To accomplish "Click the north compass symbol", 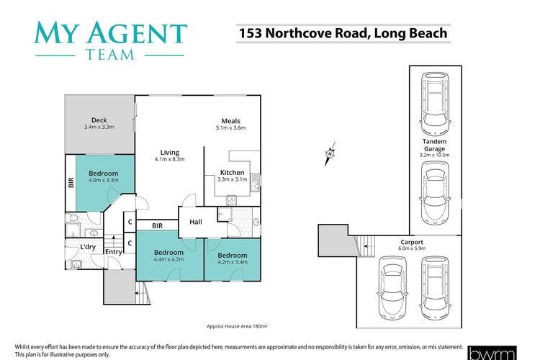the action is click(330, 153).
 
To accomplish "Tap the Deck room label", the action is click(99, 120).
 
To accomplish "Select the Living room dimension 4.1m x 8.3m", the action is click(170, 159).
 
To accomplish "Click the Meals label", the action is click(230, 121).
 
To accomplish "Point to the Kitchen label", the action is click(232, 172).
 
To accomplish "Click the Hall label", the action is click(196, 222).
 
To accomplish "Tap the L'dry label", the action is click(88, 247).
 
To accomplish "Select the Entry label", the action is click(113, 252).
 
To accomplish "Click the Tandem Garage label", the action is click(434, 145).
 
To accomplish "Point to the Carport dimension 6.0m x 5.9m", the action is click(412, 248).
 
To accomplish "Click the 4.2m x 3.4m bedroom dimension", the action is click(233, 262).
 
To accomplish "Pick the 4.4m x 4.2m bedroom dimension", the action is click(168, 259).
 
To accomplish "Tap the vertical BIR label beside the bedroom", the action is click(71, 183).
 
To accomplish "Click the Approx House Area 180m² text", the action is click(237, 326).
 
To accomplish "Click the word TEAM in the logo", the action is click(110, 55).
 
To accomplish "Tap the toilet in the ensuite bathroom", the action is click(71, 217).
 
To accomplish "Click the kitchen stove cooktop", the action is click(231, 200).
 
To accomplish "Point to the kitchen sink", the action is click(255, 182).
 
